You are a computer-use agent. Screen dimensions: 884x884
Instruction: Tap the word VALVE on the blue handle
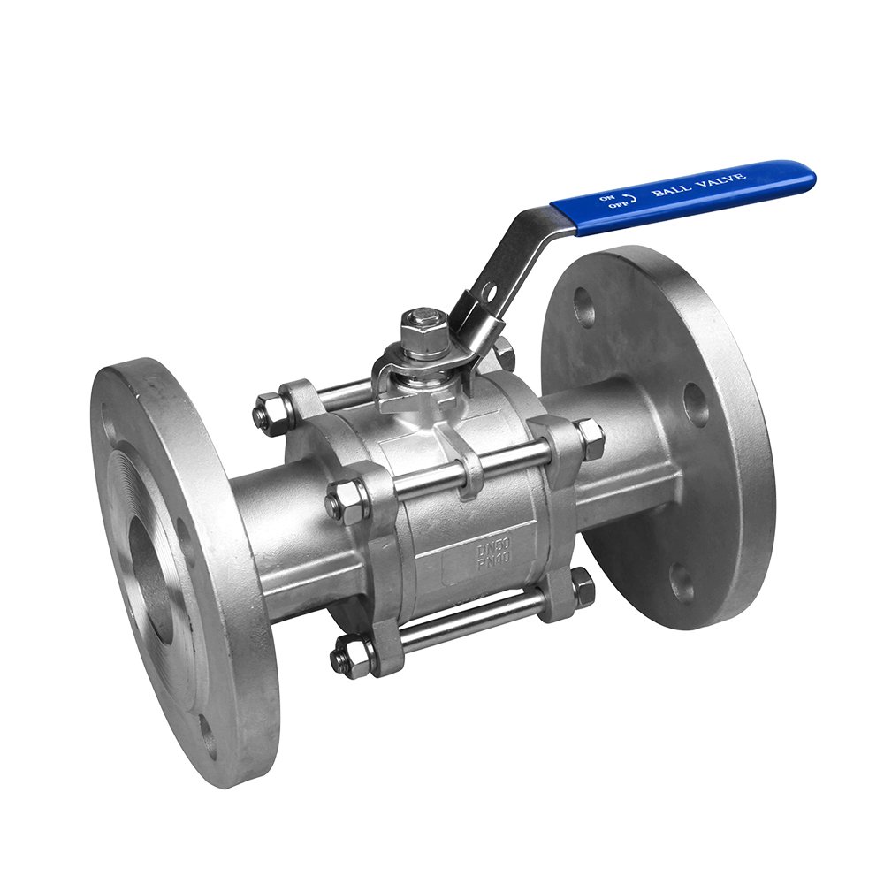click(720, 179)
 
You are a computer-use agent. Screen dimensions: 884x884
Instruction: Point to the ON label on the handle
click(607, 197)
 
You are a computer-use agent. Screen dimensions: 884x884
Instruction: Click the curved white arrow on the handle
click(628, 198)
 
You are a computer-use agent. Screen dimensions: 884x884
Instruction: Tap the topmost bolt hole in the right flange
click(584, 306)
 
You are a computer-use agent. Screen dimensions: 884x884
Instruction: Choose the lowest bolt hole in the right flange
click(681, 583)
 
